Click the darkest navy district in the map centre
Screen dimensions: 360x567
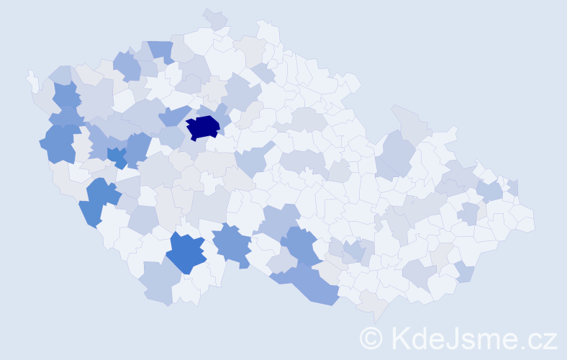(203, 127)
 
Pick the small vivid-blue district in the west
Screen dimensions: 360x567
(117, 156)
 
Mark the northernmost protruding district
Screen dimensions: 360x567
(215, 18)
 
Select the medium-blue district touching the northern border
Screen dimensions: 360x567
(161, 50)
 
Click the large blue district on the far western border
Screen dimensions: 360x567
(59, 143)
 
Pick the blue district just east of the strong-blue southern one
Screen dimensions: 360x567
(232, 243)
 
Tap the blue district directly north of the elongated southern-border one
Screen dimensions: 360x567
(299, 245)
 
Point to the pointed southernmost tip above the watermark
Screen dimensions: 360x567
(374, 314)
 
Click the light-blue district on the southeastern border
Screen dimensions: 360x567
(464, 272)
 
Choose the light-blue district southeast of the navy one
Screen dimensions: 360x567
(252, 161)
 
